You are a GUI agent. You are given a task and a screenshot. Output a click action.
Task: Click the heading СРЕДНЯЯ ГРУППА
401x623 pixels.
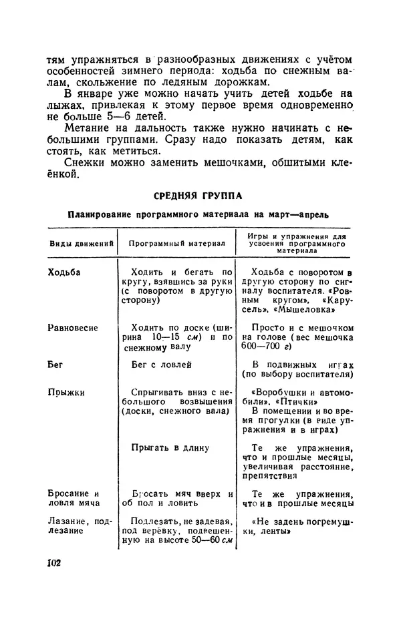[x=198, y=196]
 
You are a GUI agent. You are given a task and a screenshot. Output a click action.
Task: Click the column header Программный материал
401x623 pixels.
[x=176, y=244]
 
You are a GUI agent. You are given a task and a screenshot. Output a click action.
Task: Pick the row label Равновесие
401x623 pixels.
[x=73, y=328]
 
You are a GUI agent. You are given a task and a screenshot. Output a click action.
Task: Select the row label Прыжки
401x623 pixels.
[x=66, y=393]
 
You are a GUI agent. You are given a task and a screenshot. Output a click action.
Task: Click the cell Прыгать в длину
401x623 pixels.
[x=170, y=447]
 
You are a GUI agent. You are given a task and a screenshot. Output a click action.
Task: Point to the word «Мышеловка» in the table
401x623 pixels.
[x=307, y=310]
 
